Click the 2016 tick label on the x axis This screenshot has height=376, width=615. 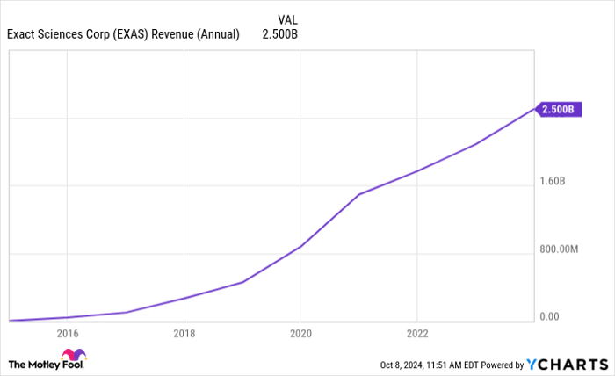pyautogui.click(x=67, y=333)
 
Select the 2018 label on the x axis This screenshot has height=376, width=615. pyautogui.click(x=184, y=333)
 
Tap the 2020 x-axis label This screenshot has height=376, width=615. pyautogui.click(x=300, y=333)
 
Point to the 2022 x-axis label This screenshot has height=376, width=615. pyautogui.click(x=416, y=333)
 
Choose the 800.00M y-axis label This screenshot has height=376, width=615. pyautogui.click(x=558, y=249)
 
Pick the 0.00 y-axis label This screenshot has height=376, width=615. pyautogui.click(x=548, y=316)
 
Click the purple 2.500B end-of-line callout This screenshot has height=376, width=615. pyautogui.click(x=558, y=109)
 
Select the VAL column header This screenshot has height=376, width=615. pyautogui.click(x=287, y=19)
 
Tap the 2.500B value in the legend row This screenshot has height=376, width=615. pyautogui.click(x=280, y=35)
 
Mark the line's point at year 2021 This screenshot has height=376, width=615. pyautogui.click(x=358, y=194)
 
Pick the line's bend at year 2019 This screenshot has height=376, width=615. pyautogui.click(x=242, y=282)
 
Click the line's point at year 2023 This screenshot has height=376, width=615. pyautogui.click(x=475, y=144)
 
